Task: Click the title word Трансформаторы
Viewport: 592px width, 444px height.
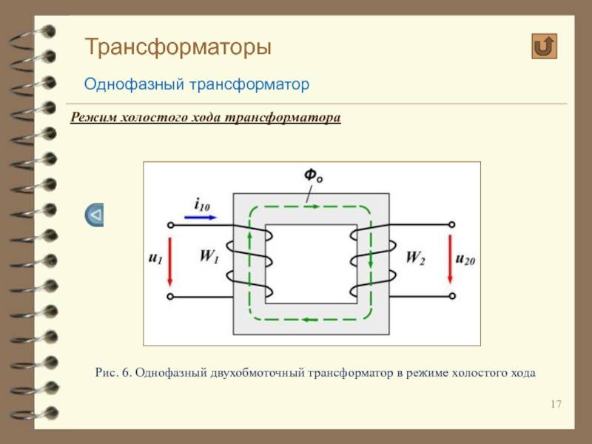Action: pyautogui.click(x=178, y=48)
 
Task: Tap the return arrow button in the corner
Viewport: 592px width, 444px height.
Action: pyautogui.click(x=544, y=47)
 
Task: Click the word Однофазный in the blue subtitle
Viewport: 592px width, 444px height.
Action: pyautogui.click(x=134, y=84)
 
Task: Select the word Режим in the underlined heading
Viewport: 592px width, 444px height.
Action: pyautogui.click(x=94, y=117)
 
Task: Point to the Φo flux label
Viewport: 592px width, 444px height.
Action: pyautogui.click(x=314, y=175)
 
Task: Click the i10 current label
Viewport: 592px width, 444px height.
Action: pyautogui.click(x=202, y=205)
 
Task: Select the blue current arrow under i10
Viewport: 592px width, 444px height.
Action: pyautogui.click(x=201, y=217)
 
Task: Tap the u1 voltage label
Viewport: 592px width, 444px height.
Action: pyautogui.click(x=155, y=258)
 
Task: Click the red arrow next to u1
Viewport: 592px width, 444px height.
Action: pyautogui.click(x=170, y=261)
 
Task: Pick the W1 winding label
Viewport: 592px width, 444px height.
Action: pyautogui.click(x=209, y=256)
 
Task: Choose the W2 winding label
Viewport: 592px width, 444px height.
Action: pyautogui.click(x=415, y=258)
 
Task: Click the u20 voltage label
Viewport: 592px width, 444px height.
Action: pyautogui.click(x=465, y=259)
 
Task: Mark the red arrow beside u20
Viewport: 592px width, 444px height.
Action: pyautogui.click(x=450, y=260)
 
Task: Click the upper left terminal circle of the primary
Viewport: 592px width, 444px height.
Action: pyautogui.click(x=171, y=226)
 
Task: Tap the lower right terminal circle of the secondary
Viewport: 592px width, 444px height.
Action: pyautogui.click(x=452, y=296)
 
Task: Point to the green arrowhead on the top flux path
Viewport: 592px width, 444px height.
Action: pyautogui.click(x=315, y=206)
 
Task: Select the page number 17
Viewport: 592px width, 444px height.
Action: pyautogui.click(x=556, y=404)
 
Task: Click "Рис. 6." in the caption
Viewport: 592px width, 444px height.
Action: pyautogui.click(x=113, y=373)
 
